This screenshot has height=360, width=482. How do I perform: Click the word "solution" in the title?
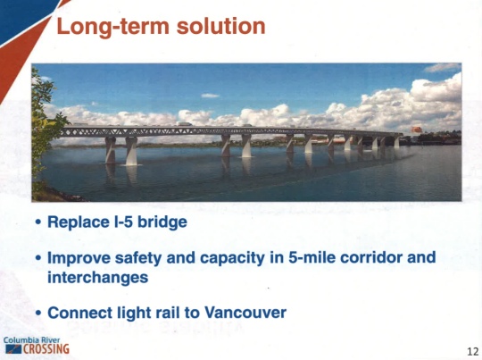point(220,26)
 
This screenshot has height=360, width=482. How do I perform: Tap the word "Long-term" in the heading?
point(112,27)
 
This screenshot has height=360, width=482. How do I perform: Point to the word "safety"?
point(138,258)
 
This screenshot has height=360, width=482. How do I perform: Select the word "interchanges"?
point(98,278)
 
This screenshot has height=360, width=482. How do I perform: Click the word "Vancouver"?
point(245,313)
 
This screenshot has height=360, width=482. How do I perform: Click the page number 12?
point(473,351)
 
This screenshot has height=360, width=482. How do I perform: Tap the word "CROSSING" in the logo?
point(46,349)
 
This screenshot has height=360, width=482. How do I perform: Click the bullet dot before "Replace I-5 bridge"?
point(38,222)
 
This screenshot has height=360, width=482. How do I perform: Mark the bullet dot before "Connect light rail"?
point(38,313)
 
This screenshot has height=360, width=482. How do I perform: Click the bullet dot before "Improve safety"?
point(38,257)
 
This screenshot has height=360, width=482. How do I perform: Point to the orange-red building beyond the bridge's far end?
point(416,130)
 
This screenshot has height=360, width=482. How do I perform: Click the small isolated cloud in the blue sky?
point(210,96)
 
